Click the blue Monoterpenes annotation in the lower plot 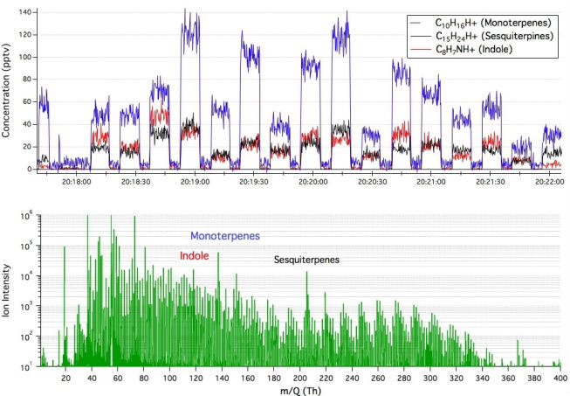point(225,236)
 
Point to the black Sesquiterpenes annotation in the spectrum point(306,260)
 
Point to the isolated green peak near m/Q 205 point(306,274)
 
